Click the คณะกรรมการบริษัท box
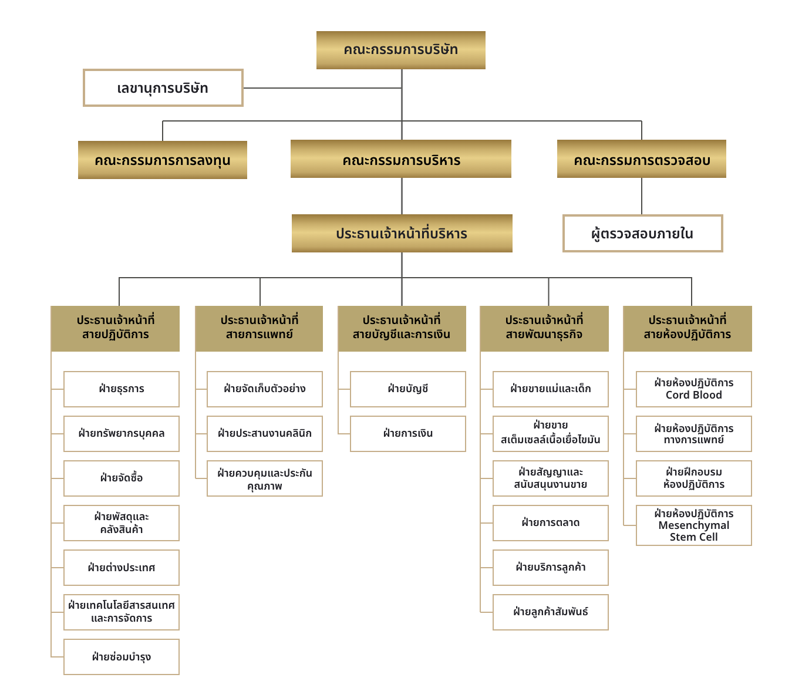point(400,50)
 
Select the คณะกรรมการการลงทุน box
point(163,160)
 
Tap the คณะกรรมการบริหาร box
point(401,160)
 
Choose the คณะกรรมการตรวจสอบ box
point(642,160)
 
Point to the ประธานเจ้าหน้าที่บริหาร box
point(402,234)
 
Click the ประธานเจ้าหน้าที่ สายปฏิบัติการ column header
point(116,328)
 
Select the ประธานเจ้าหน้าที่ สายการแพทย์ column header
point(260,328)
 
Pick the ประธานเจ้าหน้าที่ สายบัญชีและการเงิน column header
point(402,328)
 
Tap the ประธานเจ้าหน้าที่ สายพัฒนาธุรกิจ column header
point(544,328)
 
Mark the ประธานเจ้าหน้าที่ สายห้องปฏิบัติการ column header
point(688,328)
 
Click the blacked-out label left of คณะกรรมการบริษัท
point(163,92)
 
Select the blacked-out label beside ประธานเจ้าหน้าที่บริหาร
point(656,238)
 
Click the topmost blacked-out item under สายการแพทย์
point(265,394)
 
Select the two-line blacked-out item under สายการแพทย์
point(269,481)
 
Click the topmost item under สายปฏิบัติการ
point(122,394)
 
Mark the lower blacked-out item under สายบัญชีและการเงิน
point(424,439)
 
